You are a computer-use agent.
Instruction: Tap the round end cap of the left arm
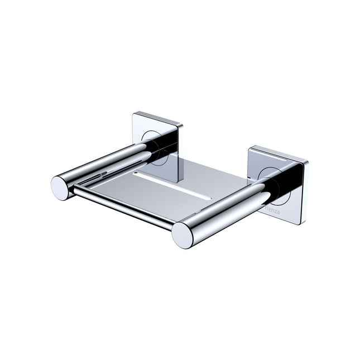tap(60, 187)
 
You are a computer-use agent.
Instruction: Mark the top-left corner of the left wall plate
tap(133, 114)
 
